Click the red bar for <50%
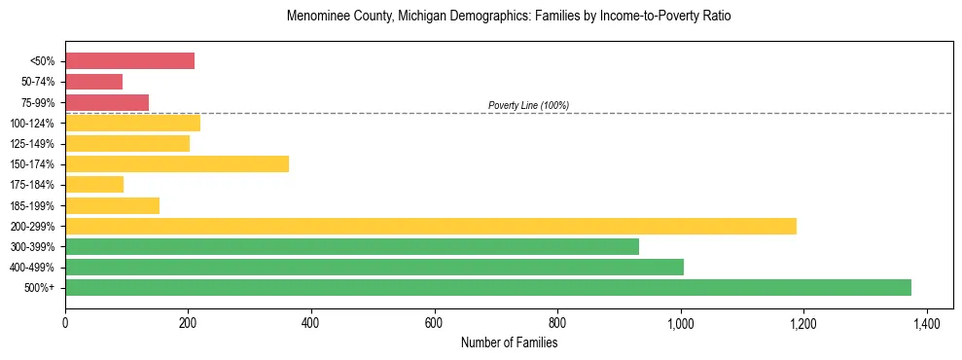(x=129, y=61)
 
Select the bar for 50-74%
(x=93, y=82)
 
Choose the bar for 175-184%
(x=94, y=184)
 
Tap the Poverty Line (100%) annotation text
(x=528, y=105)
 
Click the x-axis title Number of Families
(x=509, y=342)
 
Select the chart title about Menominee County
(x=509, y=17)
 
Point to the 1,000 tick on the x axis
(x=681, y=322)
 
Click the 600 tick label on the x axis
(x=434, y=322)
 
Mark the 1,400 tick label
(x=927, y=322)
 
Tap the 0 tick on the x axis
(x=65, y=322)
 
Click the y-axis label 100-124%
(x=33, y=124)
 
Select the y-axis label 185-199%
(x=33, y=205)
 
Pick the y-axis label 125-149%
(x=33, y=144)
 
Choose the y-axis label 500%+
(x=40, y=288)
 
